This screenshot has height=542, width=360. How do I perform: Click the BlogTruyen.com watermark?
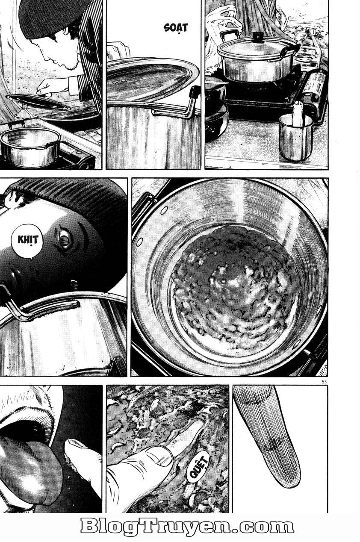187,527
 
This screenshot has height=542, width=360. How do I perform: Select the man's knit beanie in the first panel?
49,17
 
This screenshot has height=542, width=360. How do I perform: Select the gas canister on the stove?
317,88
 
